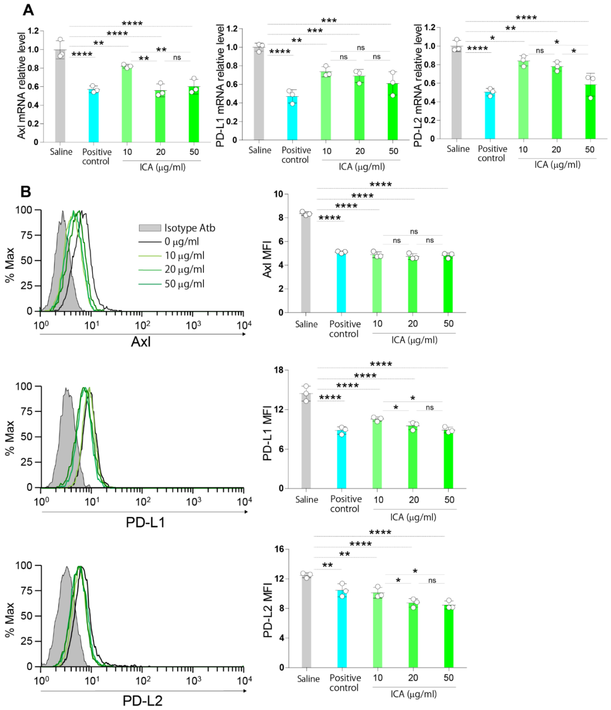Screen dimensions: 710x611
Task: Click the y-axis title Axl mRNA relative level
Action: pos(21,86)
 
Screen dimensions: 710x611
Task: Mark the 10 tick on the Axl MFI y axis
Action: pos(278,194)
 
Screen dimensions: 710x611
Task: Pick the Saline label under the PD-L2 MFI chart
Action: pos(308,678)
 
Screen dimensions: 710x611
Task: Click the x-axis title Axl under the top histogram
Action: pos(141,342)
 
